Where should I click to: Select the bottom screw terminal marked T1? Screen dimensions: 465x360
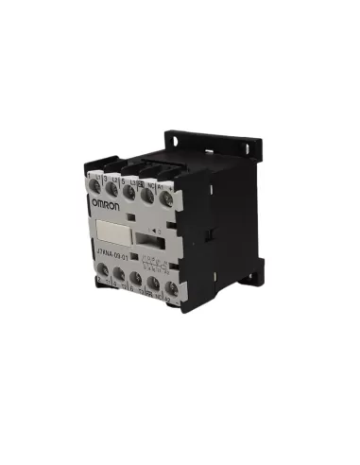point(101,273)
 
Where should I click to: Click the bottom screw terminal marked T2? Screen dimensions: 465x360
point(118,277)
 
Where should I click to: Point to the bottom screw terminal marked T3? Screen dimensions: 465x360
point(136,282)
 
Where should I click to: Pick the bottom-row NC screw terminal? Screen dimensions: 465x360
point(154,286)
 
